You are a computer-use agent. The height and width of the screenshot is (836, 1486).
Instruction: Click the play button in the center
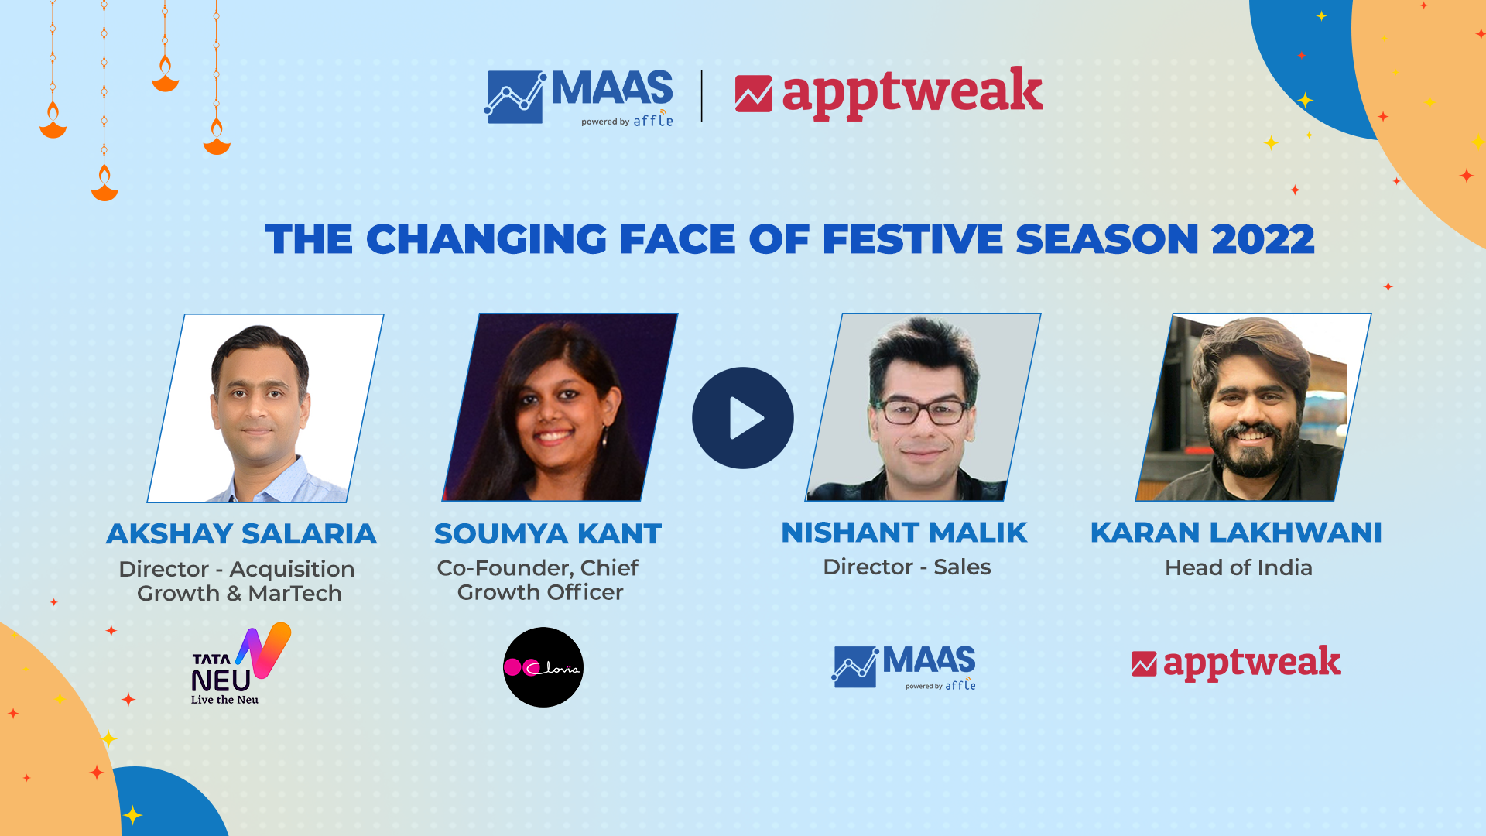pos(743,418)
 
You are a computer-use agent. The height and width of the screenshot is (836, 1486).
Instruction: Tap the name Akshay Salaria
pos(241,534)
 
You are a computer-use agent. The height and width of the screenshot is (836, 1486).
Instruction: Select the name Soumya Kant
pos(548,534)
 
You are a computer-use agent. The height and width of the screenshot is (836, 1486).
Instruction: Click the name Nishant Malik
pos(904,533)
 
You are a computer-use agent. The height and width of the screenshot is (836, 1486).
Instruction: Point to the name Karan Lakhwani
pos(1236,533)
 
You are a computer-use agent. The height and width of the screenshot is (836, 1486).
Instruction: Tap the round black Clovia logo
pos(543,667)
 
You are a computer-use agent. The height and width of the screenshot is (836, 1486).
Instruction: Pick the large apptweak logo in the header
pos(889,93)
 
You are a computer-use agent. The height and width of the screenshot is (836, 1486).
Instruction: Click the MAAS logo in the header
pos(579,97)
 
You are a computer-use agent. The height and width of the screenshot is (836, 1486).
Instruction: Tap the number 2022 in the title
pos(1263,239)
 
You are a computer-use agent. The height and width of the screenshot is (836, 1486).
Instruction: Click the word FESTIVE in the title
pos(912,239)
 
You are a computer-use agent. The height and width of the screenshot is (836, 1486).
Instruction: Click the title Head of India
pos(1238,568)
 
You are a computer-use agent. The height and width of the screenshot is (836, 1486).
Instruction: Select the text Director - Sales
pos(907,567)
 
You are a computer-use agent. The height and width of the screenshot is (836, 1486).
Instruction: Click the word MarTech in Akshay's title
pos(295,594)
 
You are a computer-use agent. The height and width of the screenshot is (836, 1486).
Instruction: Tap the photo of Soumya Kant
pos(559,407)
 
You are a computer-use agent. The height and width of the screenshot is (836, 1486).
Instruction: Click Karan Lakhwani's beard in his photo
pos(1248,453)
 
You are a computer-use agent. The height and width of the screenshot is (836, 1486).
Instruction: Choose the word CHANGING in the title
pos(487,239)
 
